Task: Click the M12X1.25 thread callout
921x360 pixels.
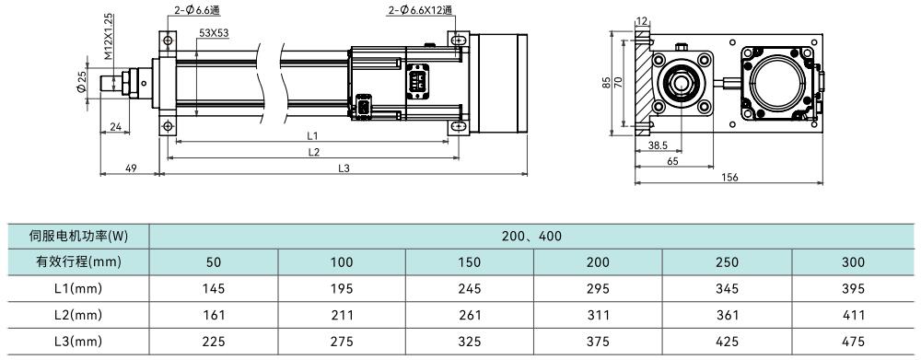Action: point(109,37)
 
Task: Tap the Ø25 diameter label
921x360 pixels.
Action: point(81,83)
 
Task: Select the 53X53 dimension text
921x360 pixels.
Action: point(214,33)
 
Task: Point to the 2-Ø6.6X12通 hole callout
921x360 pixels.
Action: point(420,10)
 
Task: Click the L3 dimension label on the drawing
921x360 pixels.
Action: point(344,168)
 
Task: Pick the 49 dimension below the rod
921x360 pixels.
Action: point(131,168)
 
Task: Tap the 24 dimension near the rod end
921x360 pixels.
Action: point(116,125)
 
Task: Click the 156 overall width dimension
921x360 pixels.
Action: point(729,178)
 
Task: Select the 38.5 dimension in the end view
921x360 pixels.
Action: point(659,145)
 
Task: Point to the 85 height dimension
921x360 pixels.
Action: point(607,83)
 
